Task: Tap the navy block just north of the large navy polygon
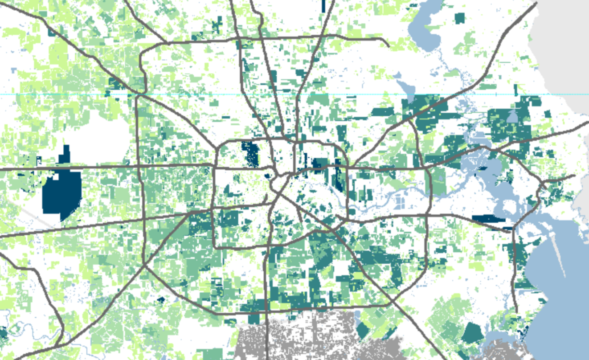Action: pos(66,154)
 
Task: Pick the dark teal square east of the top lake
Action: pos(459,18)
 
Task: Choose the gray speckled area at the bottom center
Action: pos(312,339)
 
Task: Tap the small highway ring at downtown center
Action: pos(278,178)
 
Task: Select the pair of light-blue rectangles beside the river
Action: pos(400,203)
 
